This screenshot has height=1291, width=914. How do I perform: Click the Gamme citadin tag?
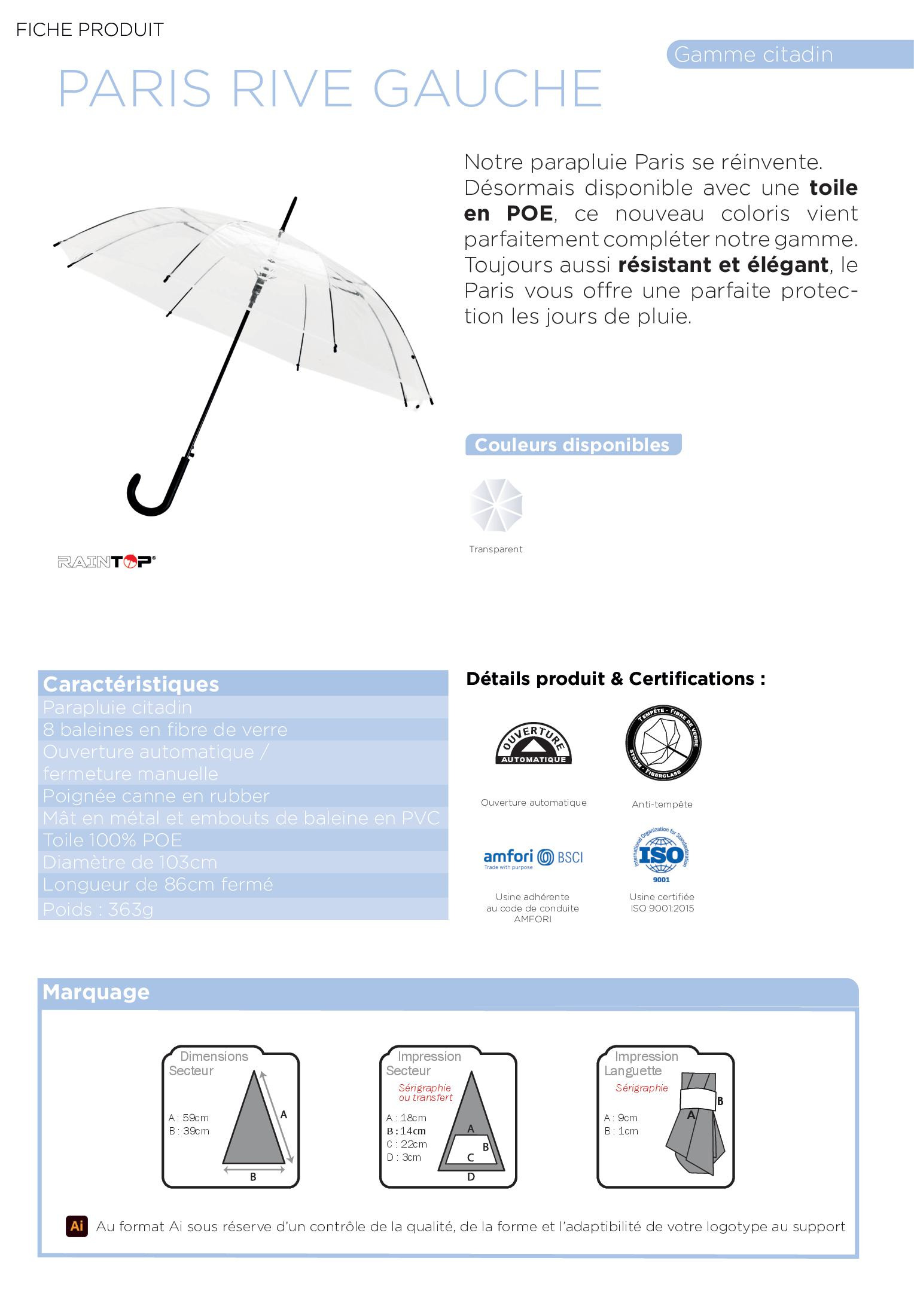click(753, 54)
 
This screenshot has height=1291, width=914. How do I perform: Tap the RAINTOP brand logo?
click(106, 561)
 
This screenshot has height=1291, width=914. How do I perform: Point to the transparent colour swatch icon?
click(496, 505)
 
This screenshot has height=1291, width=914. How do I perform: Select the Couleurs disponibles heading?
click(572, 445)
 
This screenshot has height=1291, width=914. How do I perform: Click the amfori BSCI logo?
click(532, 858)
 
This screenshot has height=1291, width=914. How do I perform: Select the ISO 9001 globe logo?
click(662, 855)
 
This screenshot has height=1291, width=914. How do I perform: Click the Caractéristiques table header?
click(131, 684)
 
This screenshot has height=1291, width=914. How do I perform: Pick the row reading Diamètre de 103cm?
click(130, 862)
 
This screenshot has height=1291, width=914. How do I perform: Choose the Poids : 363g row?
click(98, 909)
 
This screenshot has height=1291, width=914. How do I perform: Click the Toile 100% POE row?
click(112, 840)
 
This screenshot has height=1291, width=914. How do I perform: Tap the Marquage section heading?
click(96, 992)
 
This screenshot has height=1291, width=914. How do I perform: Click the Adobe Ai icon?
click(77, 1226)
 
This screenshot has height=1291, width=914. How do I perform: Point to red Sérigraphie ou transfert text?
click(425, 1093)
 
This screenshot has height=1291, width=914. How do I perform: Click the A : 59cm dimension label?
click(188, 1118)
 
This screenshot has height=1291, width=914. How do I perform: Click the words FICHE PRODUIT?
click(90, 29)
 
